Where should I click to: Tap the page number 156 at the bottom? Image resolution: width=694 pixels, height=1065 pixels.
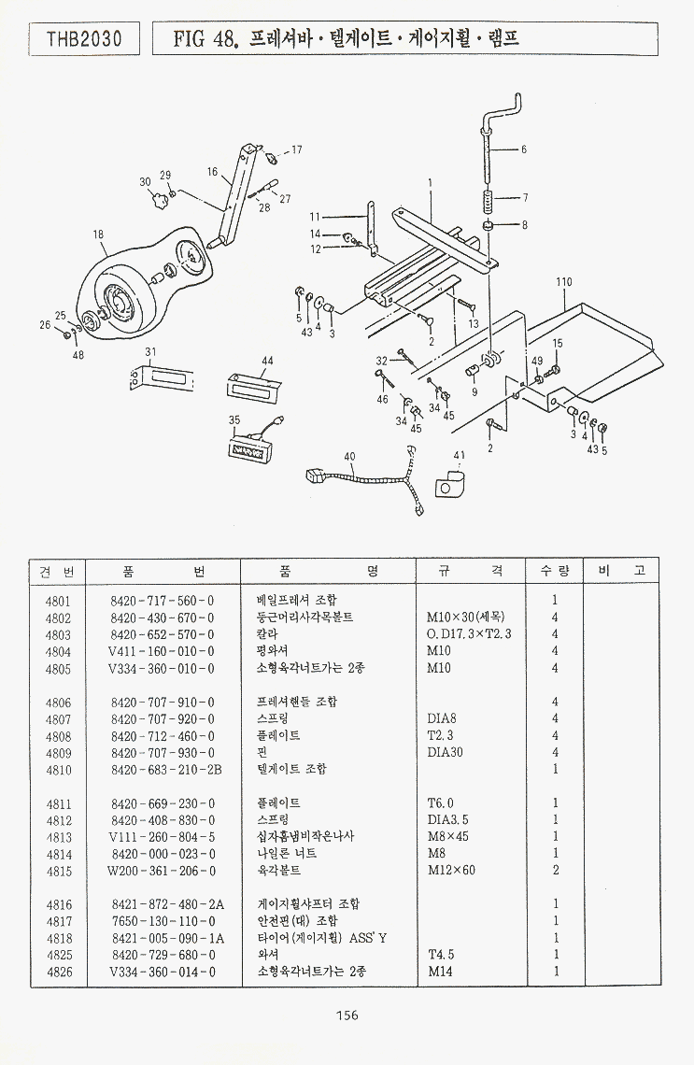(346, 1015)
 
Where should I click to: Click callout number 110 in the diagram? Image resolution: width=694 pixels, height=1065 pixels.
(563, 281)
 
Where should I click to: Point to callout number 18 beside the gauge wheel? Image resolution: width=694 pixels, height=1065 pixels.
(98, 234)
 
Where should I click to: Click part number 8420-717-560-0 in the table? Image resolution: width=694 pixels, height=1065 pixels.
(162, 601)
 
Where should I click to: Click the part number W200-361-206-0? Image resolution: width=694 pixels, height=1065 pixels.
(162, 870)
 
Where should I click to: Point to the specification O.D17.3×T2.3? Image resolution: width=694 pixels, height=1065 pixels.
(469, 634)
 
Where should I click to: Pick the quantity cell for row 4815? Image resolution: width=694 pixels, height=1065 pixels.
(555, 870)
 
